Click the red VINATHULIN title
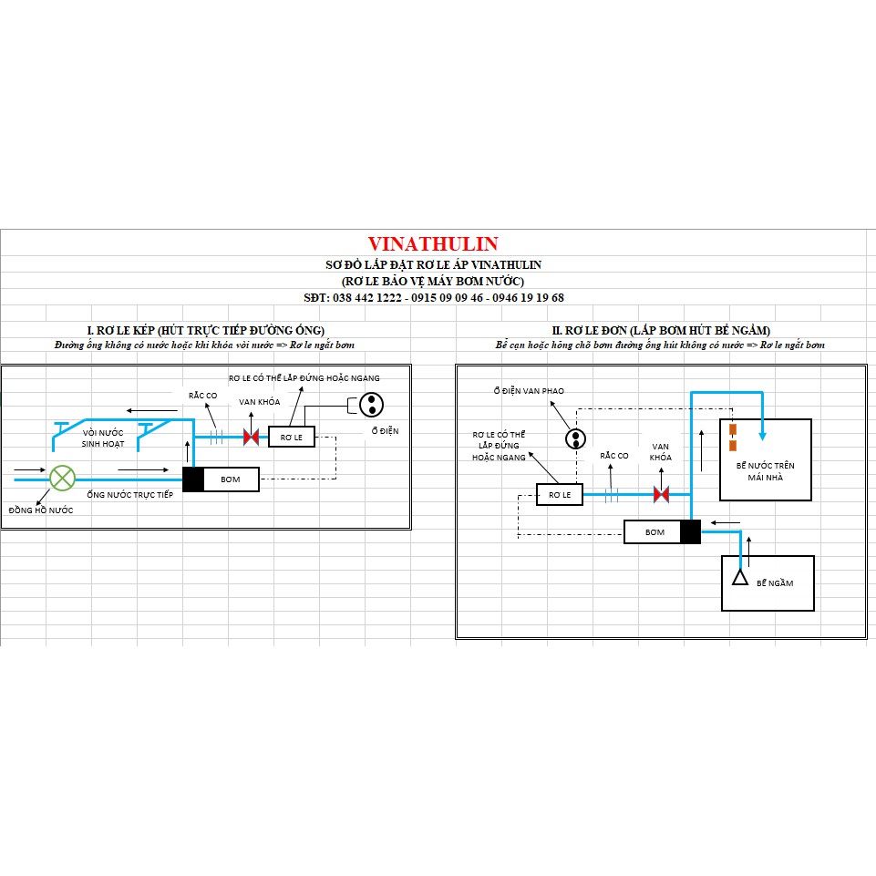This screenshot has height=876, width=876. [433, 244]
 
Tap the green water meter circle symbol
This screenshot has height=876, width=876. [62, 478]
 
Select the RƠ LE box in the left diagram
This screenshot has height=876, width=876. [291, 437]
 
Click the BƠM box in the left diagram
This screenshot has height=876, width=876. [230, 479]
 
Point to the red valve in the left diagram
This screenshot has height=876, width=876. [251, 437]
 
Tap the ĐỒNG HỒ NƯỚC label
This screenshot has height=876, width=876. [41, 510]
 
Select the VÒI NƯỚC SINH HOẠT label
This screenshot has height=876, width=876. [103, 437]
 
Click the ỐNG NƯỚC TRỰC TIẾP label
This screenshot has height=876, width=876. [129, 494]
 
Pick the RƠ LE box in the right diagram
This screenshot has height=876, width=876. [559, 494]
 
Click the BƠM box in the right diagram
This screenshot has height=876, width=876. [654, 531]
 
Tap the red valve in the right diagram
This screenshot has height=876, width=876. [662, 494]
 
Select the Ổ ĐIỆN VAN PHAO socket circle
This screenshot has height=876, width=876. [575, 439]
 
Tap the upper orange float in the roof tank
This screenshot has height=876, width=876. [732, 428]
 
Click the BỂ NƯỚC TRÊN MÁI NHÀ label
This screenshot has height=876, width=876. [765, 471]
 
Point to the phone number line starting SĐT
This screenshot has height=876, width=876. [433, 297]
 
